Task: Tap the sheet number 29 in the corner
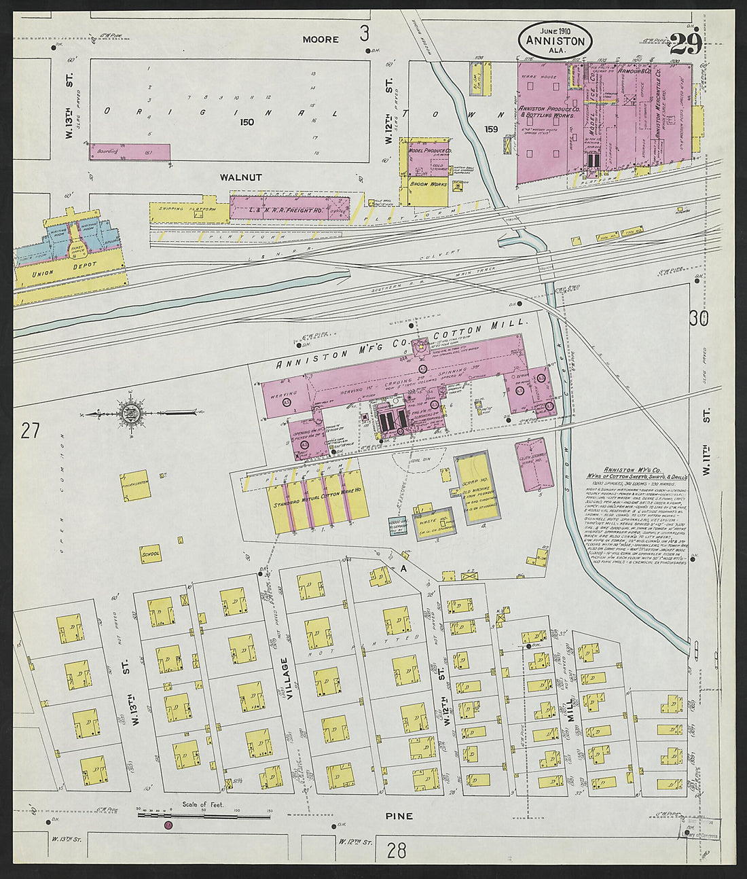click(x=686, y=45)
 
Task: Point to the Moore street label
click(x=321, y=39)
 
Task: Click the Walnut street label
click(x=240, y=177)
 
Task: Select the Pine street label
click(x=399, y=816)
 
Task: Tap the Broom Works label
click(x=424, y=184)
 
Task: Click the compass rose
click(x=130, y=412)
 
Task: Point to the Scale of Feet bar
click(x=204, y=814)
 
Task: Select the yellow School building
click(x=151, y=554)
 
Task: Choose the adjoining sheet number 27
click(x=29, y=431)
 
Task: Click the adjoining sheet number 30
click(x=697, y=318)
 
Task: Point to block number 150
click(x=246, y=122)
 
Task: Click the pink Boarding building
click(x=130, y=151)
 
